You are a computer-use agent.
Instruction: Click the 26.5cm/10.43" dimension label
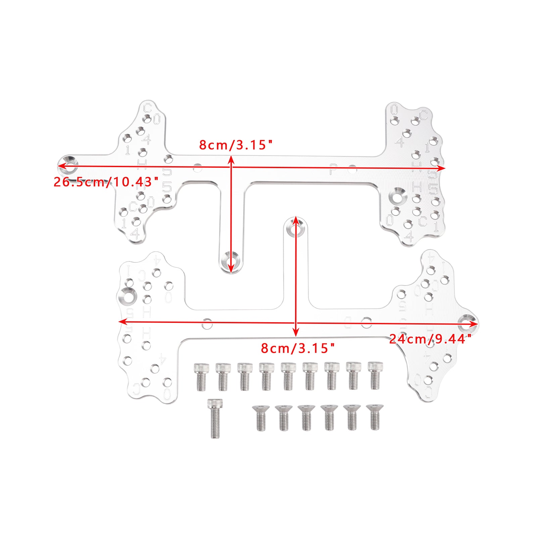click(x=106, y=182)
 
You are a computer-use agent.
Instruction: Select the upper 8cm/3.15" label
click(x=235, y=145)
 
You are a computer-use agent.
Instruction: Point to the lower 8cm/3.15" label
click(x=298, y=348)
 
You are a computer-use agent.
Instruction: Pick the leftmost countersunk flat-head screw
click(x=261, y=418)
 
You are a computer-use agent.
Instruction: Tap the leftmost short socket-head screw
click(x=201, y=377)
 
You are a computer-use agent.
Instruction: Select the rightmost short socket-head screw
click(x=375, y=376)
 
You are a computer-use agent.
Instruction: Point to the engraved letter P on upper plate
click(x=333, y=169)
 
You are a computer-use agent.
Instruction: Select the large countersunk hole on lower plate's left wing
click(x=128, y=296)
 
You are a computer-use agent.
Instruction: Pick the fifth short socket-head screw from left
click(x=288, y=376)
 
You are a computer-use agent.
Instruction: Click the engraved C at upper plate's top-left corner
click(x=147, y=108)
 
